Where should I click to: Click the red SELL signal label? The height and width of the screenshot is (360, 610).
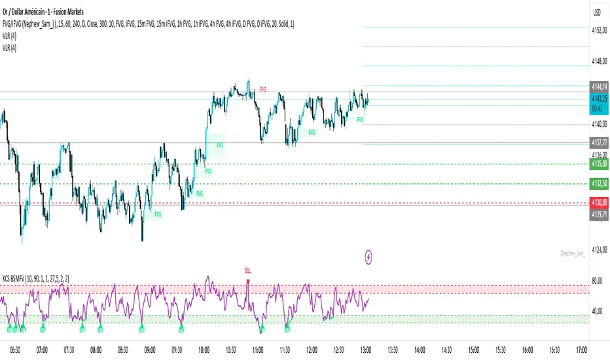(247, 270)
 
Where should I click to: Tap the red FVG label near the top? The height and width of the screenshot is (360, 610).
(263, 88)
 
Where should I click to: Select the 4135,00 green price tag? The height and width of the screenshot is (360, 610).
(600, 164)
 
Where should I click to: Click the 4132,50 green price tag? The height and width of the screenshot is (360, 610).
(600, 184)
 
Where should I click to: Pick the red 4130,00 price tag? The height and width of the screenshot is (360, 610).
(600, 204)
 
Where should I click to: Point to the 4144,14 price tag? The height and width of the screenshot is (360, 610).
(600, 86)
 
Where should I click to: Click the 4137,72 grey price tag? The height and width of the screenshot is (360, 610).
(600, 143)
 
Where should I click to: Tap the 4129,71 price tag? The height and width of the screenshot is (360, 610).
(600, 213)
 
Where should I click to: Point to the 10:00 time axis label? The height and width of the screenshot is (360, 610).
(204, 350)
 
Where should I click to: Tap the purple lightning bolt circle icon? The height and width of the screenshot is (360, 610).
(369, 257)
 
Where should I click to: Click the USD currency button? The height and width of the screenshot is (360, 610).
(597, 12)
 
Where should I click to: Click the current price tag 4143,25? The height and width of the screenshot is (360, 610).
(600, 98)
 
